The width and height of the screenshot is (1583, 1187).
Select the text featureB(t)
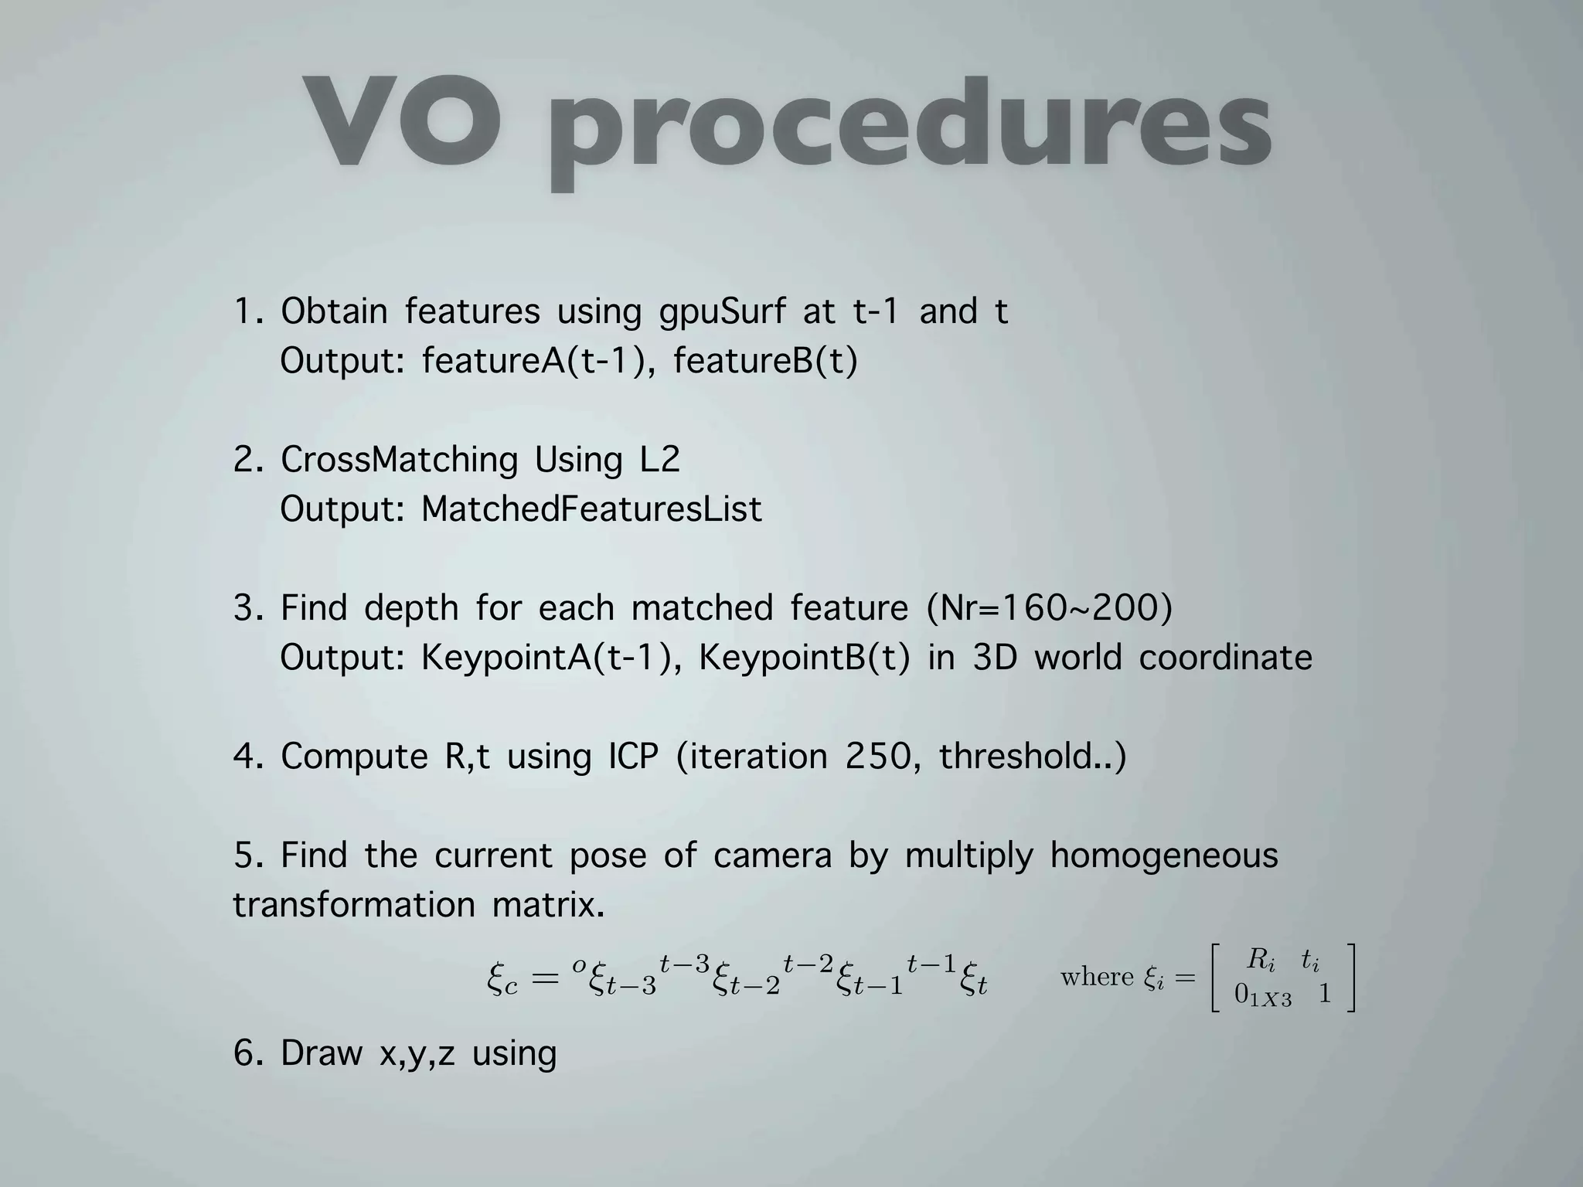coord(765,361)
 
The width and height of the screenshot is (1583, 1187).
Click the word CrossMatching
coord(399,461)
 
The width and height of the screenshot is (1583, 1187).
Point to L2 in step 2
coord(659,461)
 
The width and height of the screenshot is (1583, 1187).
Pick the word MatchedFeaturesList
coord(591,509)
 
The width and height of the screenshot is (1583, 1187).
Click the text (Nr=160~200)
coord(1049,608)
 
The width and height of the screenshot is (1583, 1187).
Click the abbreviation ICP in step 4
coord(633,757)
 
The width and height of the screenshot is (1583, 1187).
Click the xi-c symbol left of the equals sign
coord(502,981)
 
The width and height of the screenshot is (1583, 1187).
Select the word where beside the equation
coord(1097,978)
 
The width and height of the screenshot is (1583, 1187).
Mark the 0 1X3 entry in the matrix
coord(1262,995)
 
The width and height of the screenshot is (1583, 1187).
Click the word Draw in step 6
coord(321,1053)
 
